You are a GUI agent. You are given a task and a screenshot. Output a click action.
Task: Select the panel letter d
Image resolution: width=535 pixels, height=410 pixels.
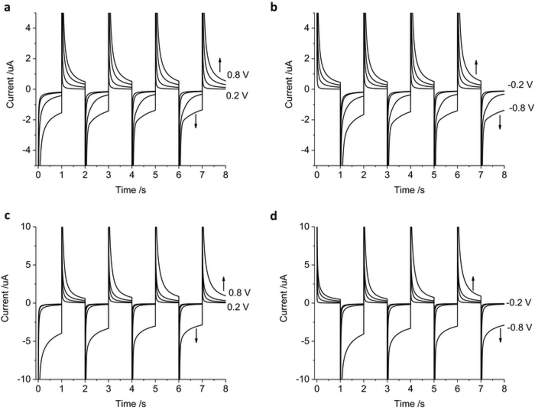tap(274, 216)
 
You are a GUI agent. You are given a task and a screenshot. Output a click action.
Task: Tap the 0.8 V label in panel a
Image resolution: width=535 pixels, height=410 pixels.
tap(238, 75)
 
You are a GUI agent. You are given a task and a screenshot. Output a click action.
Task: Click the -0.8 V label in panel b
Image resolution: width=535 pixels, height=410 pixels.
tap(521, 108)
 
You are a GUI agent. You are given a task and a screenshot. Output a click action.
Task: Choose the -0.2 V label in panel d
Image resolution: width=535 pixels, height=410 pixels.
tap(519, 303)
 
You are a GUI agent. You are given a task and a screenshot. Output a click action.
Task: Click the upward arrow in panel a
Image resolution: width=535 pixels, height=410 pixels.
tap(220, 65)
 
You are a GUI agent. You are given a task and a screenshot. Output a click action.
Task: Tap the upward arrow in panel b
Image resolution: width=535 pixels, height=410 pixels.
tap(476, 67)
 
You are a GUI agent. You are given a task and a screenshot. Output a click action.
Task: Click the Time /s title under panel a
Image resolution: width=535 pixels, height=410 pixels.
tap(131, 190)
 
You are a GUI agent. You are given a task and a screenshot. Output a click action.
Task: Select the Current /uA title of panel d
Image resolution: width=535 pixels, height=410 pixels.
tap(284, 298)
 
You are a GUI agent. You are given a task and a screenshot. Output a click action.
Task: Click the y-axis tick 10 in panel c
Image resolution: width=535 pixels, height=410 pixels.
tap(26, 227)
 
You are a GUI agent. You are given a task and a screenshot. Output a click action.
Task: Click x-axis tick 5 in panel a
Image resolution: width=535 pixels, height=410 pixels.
tap(155, 175)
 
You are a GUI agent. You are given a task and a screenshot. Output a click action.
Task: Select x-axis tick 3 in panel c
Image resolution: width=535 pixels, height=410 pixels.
tap(108, 388)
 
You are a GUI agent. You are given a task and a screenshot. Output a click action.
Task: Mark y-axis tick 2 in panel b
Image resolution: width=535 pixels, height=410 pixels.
tap(308, 59)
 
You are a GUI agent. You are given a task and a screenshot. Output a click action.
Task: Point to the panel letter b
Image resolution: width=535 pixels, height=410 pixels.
tap(274, 7)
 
